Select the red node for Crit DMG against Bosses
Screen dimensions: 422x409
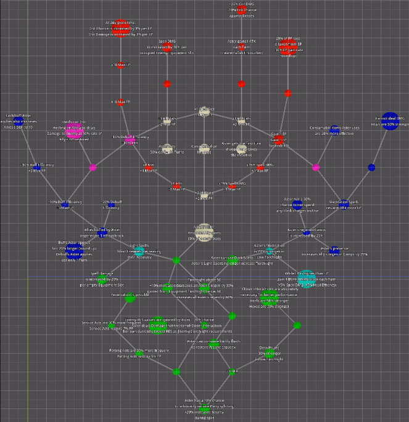tap(241, 8)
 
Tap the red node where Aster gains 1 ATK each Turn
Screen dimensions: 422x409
tap(241, 45)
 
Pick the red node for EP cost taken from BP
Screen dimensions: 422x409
tap(288, 46)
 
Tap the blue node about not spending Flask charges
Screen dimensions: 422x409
tap(297, 204)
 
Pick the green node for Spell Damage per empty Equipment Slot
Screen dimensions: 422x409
tap(102, 277)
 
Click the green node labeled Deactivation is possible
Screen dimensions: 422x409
tap(130, 299)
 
